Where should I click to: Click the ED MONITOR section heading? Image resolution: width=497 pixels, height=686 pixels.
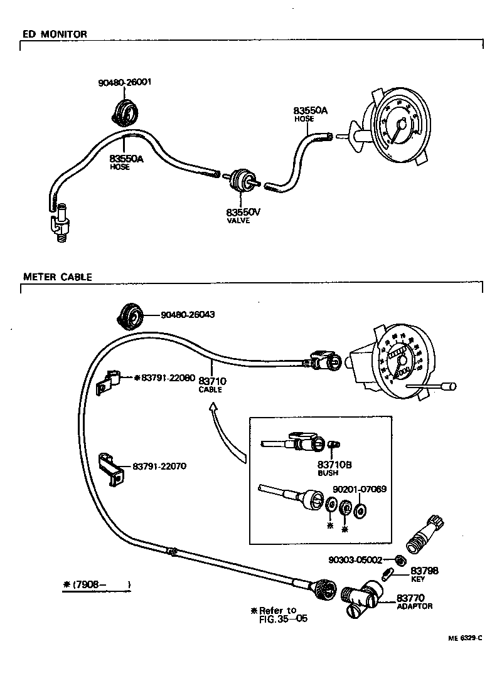click(x=55, y=34)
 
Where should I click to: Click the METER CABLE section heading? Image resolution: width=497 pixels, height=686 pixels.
click(x=57, y=277)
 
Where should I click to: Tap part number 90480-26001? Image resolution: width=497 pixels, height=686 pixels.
click(x=125, y=82)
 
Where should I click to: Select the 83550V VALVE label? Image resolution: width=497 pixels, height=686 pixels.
click(x=243, y=216)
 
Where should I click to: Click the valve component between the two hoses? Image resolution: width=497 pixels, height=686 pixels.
click(x=240, y=181)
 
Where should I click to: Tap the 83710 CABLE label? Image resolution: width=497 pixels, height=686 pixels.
click(x=212, y=384)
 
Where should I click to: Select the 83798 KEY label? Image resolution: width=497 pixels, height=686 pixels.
click(x=424, y=574)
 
